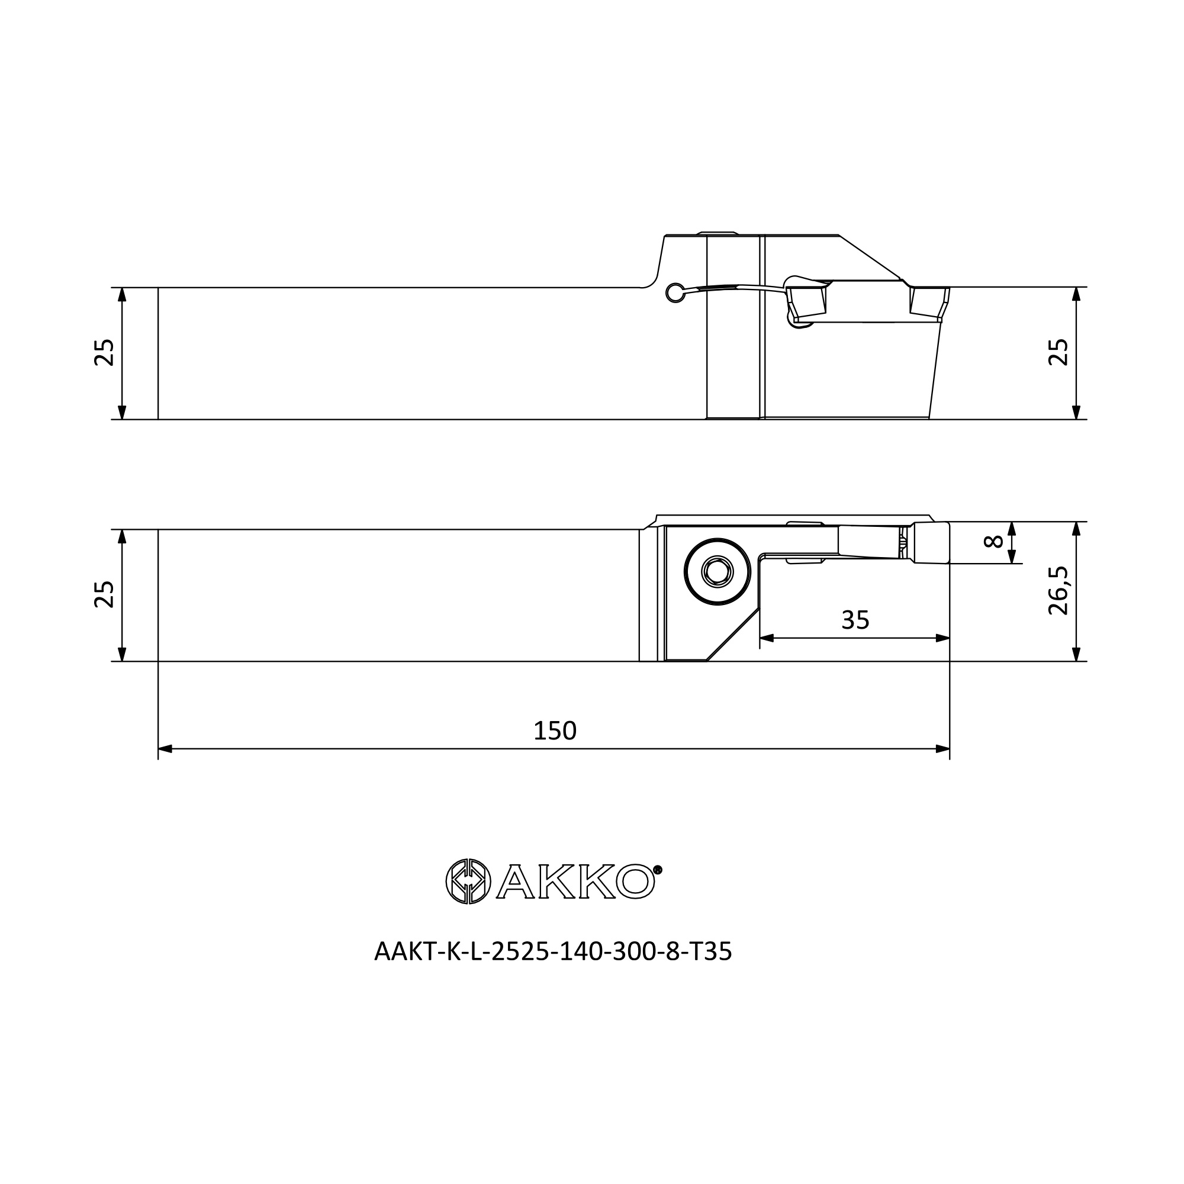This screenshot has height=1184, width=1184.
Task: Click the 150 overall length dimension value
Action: tap(555, 731)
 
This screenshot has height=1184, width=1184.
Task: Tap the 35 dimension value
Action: tap(855, 620)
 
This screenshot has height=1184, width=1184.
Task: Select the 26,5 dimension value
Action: tap(1058, 591)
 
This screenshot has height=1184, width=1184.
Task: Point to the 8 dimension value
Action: tap(993, 541)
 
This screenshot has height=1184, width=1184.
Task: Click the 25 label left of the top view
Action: tap(104, 352)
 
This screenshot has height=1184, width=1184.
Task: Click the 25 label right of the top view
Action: tap(1058, 352)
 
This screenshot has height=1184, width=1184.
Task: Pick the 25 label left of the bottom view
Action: tap(104, 594)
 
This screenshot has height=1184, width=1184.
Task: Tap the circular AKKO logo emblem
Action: tap(468, 881)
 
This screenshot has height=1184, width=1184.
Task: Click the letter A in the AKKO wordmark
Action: tap(516, 882)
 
